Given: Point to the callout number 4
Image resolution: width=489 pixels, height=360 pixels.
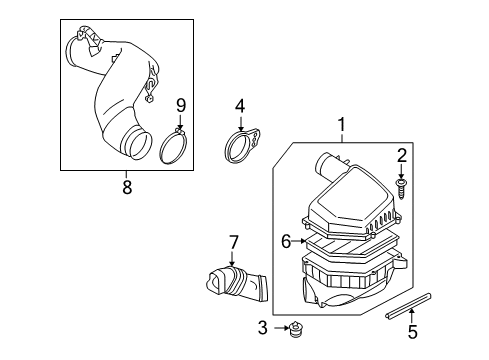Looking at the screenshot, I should click(240, 105).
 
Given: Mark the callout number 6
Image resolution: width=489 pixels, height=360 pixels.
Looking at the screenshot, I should click(285, 241).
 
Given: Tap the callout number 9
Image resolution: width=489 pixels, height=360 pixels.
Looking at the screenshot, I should click(181, 105).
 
